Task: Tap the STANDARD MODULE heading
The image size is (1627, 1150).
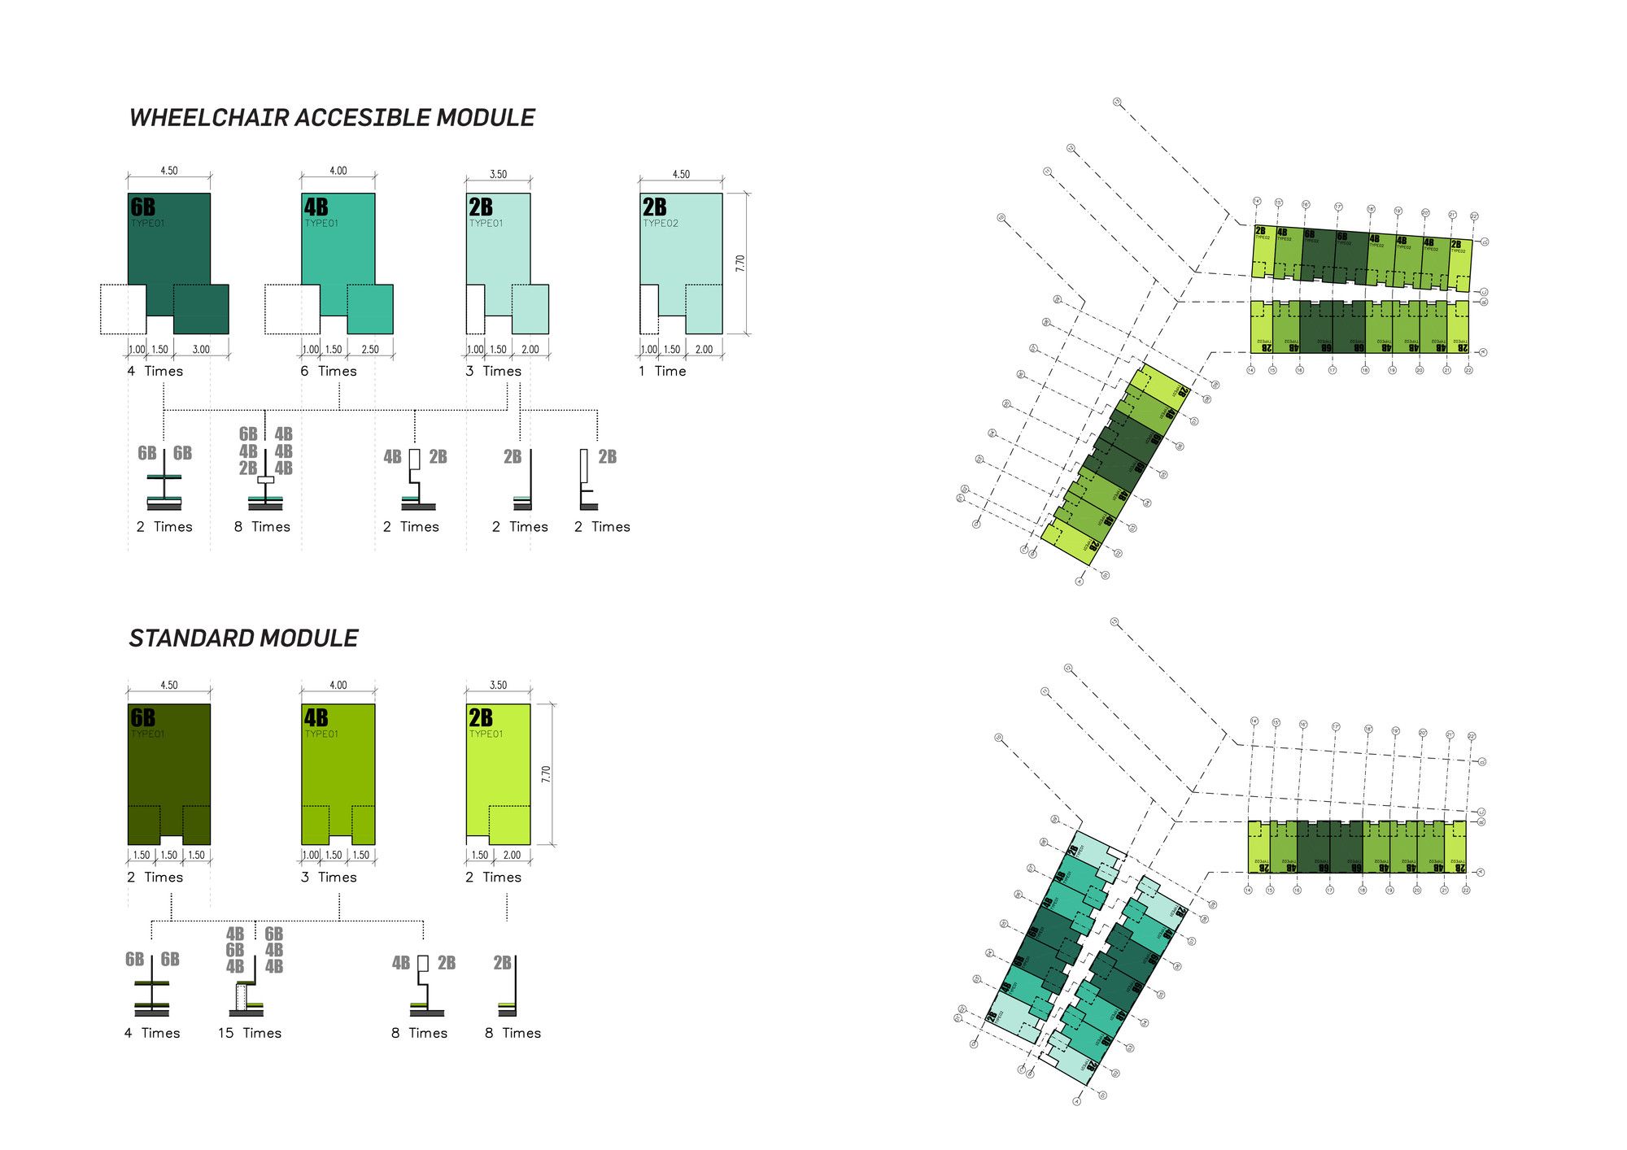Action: pos(243,638)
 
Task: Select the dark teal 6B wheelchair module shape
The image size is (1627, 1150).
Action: pos(169,244)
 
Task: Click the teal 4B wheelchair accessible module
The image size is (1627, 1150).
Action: pos(338,244)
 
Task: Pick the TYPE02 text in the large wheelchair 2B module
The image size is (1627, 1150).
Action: pos(661,224)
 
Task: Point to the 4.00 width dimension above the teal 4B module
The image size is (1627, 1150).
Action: pos(338,171)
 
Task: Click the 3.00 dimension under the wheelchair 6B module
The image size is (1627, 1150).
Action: pos(201,350)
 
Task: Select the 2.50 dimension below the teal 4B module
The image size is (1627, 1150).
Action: pos(370,350)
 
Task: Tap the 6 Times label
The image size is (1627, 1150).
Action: pos(329,371)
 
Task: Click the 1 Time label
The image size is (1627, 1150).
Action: pos(662,371)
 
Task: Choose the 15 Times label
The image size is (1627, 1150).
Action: pos(250,1033)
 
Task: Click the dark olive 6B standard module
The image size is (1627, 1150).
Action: pos(169,764)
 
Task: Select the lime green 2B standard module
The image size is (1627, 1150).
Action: pos(498,764)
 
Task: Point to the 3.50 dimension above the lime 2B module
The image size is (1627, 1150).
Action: pos(498,685)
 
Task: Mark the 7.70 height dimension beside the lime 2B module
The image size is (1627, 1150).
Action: pos(546,774)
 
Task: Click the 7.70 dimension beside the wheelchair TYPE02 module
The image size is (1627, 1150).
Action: pos(739,264)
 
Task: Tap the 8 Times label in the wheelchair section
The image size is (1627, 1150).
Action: pos(262,527)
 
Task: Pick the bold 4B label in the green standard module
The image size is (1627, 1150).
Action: pos(316,717)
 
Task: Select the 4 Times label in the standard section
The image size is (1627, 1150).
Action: pos(152,1033)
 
